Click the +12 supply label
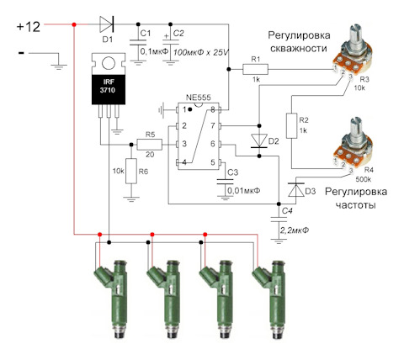tap(29, 27)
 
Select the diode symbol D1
tap(107, 24)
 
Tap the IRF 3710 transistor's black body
tap(109, 89)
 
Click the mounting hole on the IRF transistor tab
tap(109, 63)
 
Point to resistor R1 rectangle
tap(255, 69)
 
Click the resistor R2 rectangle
tap(292, 125)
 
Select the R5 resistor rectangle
tap(150, 145)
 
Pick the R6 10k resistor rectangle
tap(131, 171)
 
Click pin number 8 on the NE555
tap(213, 109)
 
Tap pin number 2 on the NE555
tap(184, 125)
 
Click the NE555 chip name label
tap(199, 98)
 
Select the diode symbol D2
tap(259, 140)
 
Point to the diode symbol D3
tap(296, 190)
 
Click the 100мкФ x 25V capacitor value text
tap(201, 52)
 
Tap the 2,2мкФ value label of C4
tap(295, 230)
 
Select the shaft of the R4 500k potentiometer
tap(356, 125)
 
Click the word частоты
tap(356, 205)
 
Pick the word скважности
tap(298, 49)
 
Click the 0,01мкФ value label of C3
tap(244, 191)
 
